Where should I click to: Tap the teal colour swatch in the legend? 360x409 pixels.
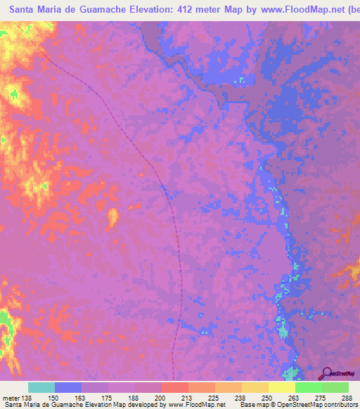41,388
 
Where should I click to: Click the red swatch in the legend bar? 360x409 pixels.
174,388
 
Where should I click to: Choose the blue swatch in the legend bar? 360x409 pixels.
68,388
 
